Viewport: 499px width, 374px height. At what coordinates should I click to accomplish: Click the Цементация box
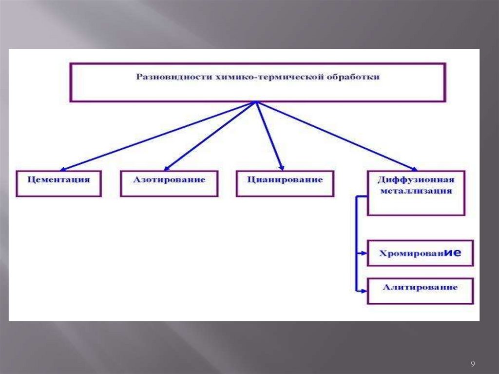coord(59,183)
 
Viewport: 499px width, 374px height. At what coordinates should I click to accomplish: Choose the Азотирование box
coord(169,183)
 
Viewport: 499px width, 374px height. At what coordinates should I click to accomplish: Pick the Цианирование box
coord(285,183)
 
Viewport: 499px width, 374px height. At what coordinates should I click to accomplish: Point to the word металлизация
coord(416,191)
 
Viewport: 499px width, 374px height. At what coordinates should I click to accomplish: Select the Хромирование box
coord(420,253)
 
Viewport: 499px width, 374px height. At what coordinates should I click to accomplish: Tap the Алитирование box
coord(420,291)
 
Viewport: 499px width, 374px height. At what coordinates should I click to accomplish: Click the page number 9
coord(473,364)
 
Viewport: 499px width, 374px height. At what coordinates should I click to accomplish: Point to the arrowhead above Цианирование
coord(281,166)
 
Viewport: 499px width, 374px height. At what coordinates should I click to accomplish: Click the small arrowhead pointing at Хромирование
coord(364,254)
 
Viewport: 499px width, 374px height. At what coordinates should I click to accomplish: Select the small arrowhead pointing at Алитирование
coord(364,291)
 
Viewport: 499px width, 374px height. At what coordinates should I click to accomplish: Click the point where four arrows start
coord(255,102)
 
